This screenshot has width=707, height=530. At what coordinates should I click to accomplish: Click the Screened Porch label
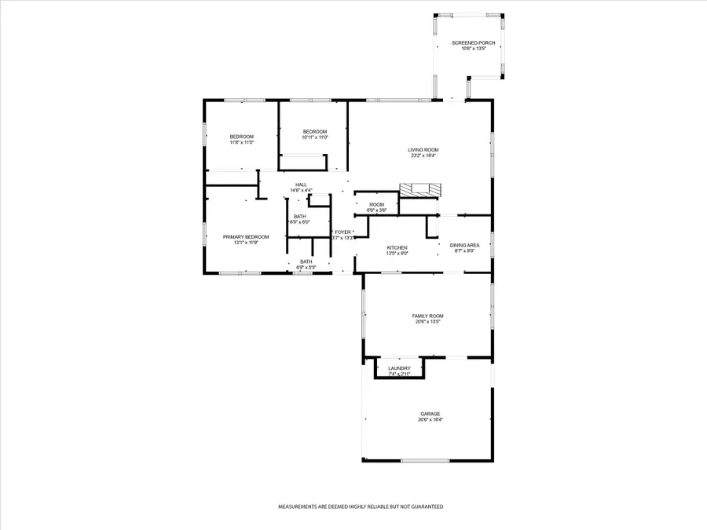[469, 42]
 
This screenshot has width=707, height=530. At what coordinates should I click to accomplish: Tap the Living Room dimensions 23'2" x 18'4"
[423, 155]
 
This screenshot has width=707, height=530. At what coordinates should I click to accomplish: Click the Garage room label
[429, 414]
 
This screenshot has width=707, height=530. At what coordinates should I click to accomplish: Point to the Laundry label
[399, 368]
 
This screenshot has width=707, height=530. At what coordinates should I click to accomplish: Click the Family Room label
[428, 316]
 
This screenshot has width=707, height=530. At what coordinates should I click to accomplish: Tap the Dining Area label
[464, 246]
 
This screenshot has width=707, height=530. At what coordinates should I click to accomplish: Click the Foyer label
[343, 232]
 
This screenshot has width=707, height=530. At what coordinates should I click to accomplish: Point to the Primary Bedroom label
[246, 237]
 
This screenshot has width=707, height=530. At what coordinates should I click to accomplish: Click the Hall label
[301, 185]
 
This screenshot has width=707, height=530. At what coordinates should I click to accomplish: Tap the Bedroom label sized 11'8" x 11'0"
[241, 137]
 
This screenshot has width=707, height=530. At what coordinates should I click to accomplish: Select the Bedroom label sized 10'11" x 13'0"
[314, 131]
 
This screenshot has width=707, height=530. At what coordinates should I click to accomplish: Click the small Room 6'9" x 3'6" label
[376, 205]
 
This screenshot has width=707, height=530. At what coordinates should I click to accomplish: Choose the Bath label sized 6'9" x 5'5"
[306, 261]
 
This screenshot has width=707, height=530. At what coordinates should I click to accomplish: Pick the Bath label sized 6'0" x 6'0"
[300, 216]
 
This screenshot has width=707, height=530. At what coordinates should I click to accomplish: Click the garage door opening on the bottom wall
[425, 460]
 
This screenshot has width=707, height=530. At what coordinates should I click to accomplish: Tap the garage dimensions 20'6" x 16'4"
[429, 420]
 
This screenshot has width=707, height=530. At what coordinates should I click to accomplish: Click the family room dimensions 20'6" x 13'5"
[428, 322]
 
